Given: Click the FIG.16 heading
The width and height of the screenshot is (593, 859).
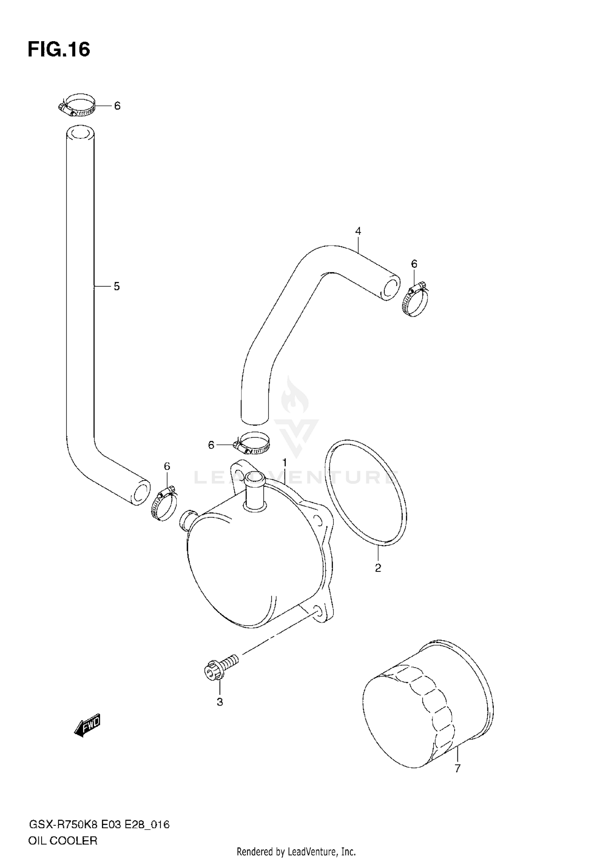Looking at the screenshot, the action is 59,50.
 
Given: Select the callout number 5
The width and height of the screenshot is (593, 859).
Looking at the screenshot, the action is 117,286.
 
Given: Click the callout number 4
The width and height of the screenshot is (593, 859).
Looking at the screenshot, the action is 358,231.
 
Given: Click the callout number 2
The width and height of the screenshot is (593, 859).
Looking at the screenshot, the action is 378,568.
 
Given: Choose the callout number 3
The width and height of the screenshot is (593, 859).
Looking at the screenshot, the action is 220,702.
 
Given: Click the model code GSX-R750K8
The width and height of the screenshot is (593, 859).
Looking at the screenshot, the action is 63,814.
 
